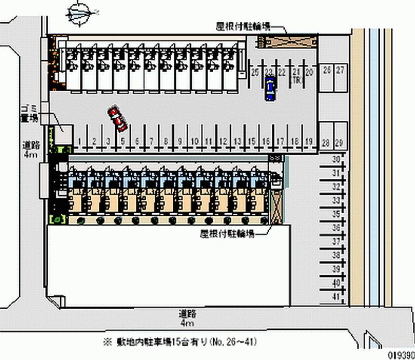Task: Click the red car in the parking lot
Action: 118,119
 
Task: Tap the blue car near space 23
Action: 270,88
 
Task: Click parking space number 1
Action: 79,141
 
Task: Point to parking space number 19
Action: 308,141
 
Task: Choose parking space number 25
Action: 255,73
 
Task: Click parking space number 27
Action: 340,70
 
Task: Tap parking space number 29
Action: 340,143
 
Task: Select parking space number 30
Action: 336,159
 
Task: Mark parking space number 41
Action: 336,297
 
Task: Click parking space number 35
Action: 336,214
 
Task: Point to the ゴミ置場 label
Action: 29,113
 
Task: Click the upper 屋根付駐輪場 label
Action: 243,27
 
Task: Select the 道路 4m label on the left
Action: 30,149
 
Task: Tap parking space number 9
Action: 180,141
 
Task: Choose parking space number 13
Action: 238,141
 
